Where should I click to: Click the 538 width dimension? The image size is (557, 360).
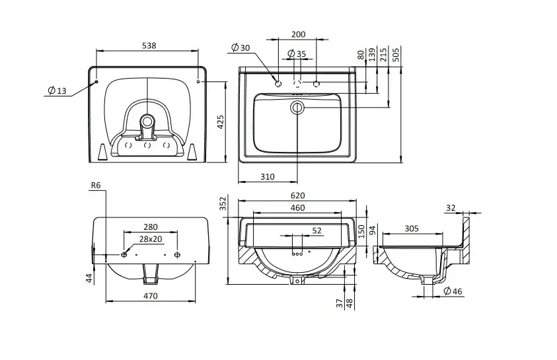tap(149, 46)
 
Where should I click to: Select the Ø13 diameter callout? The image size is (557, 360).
tap(57, 91)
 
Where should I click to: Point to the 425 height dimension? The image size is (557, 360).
tap(221, 122)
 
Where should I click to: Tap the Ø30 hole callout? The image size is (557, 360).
tap(241, 48)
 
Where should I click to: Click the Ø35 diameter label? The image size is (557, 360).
tap(297, 54)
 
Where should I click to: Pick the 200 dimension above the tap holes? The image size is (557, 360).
tap(298, 34)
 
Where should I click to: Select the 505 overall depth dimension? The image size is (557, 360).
tap(395, 55)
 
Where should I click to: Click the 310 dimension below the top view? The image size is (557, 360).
tap(268, 176)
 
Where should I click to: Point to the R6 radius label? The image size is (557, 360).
tap(95, 187)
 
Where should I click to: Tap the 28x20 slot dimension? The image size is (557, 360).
tap(150, 238)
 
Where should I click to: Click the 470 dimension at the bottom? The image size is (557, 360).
tap(151, 296)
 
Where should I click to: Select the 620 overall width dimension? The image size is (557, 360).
tap(297, 196)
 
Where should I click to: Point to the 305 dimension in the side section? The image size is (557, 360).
tap(412, 228)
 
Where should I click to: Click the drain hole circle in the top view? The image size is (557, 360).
tap(298, 107)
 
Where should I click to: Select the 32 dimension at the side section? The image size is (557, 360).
tap(451, 207)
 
